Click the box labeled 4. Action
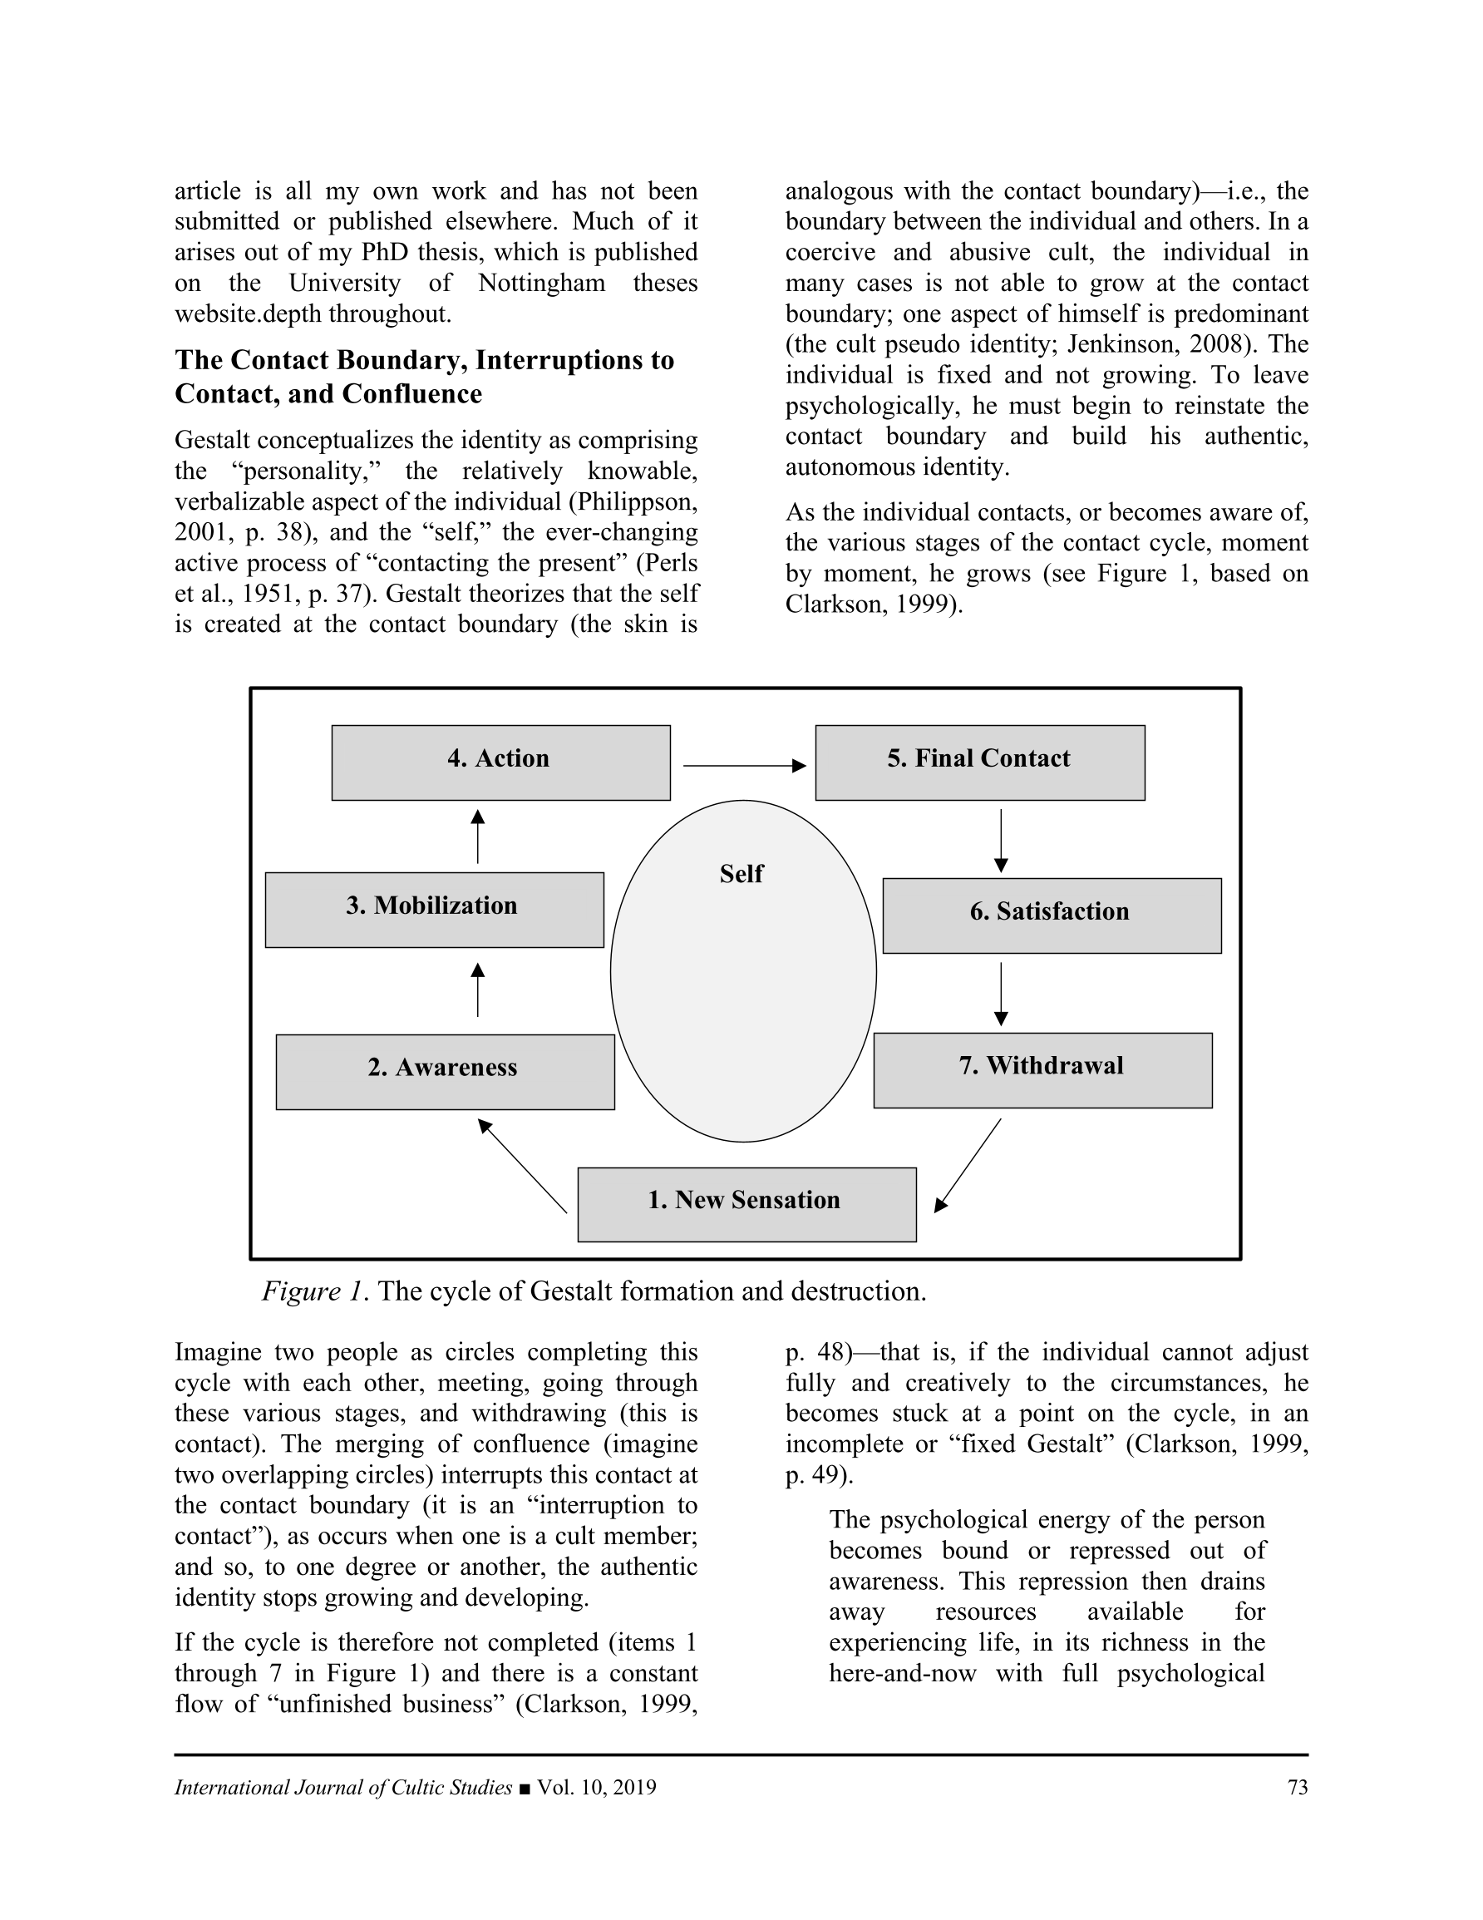coord(500,763)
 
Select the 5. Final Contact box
coord(979,763)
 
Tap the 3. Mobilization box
coord(434,910)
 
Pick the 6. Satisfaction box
coord(1052,916)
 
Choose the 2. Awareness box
coord(445,1072)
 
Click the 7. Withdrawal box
coord(1042,1070)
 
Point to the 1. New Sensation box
coord(746,1204)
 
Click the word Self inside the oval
coord(741,874)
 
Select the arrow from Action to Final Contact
coord(744,766)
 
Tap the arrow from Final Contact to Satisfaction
coord(1000,841)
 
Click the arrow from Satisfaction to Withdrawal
coord(1000,994)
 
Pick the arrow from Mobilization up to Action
coord(477,837)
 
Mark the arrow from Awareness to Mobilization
coord(477,990)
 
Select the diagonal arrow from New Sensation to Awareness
coord(522,1165)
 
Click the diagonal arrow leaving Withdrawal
coord(968,1165)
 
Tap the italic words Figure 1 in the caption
coord(312,1291)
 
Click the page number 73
coord(1297,1787)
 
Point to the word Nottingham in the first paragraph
coord(541,283)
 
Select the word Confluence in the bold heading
coord(412,394)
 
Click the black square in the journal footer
coord(525,1788)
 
